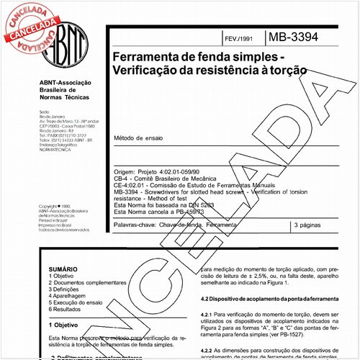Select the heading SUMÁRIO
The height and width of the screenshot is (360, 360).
(x=64, y=268)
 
